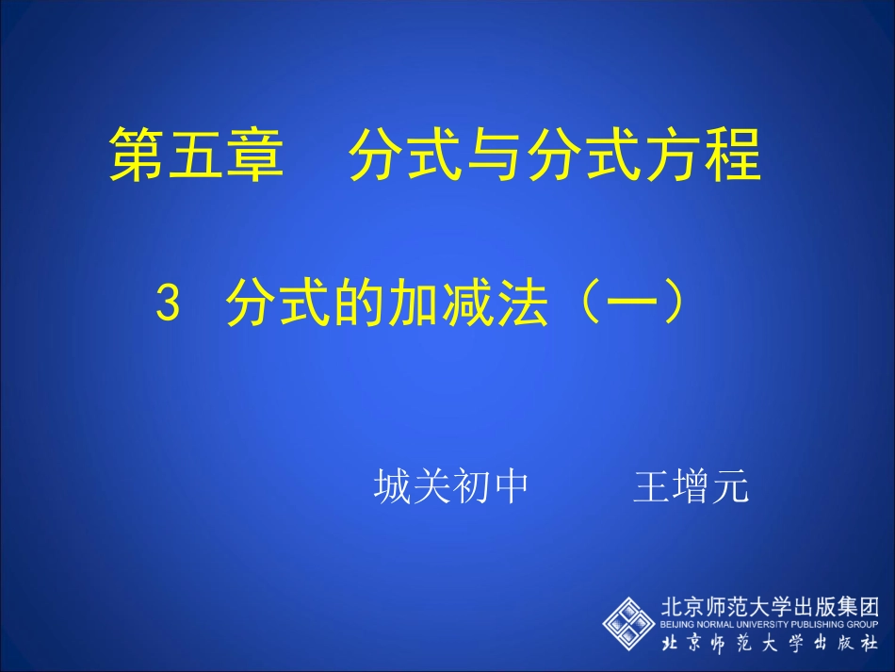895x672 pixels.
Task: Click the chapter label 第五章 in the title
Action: tap(196, 155)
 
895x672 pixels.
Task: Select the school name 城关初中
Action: tap(449, 487)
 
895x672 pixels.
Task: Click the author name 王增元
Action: tap(692, 487)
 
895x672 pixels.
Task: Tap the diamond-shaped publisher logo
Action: tap(628, 623)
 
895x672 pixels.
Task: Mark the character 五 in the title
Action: tap(196, 155)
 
